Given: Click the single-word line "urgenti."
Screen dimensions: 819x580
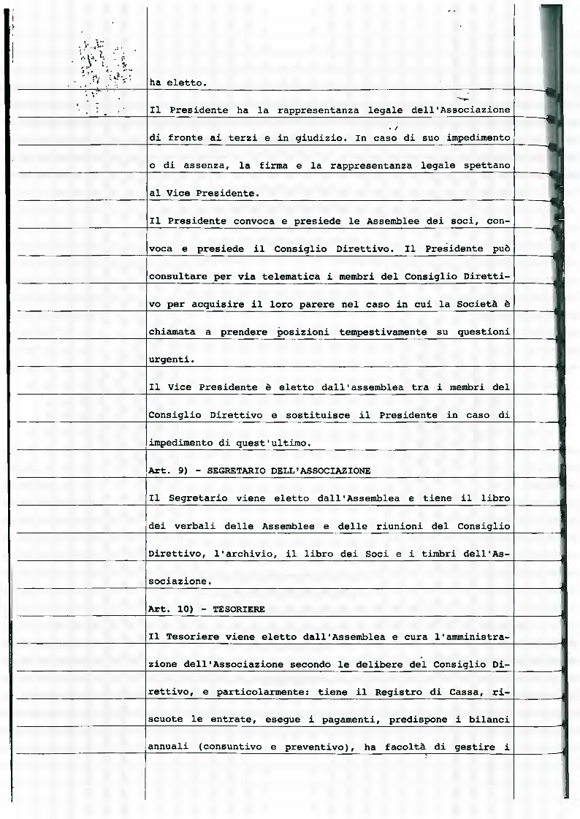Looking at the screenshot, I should (170, 359).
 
